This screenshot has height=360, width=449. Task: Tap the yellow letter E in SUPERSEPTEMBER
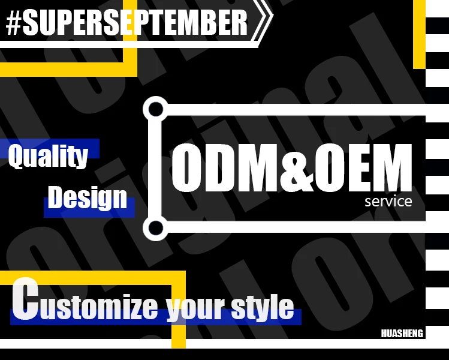coord(129,23)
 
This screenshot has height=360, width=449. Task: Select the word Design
coord(88,197)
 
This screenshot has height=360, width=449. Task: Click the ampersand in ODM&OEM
coord(297,167)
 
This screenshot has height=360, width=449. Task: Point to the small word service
coord(388,201)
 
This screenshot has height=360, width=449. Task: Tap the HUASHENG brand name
coord(402,334)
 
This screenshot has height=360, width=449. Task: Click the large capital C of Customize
coord(25,299)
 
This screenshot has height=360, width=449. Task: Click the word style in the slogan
coord(263,306)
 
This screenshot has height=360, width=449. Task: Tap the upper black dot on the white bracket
coord(155,109)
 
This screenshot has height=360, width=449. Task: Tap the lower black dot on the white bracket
coord(155,228)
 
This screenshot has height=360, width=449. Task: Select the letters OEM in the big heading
coord(363,167)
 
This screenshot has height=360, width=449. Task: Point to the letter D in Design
coord(56,197)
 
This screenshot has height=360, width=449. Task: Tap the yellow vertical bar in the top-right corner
coord(419,34)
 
